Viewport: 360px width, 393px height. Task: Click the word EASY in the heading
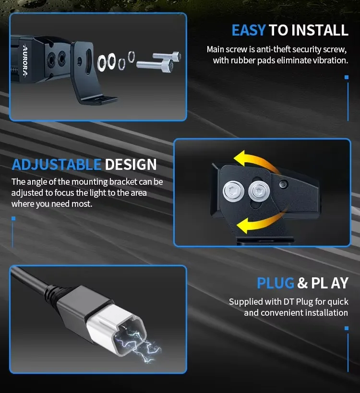(249, 30)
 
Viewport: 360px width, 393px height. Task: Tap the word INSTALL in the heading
(320, 30)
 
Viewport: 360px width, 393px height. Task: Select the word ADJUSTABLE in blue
(57, 165)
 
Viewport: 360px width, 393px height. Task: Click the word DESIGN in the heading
(131, 165)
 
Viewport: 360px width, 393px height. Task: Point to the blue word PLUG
(276, 283)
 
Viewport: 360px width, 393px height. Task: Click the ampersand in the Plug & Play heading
(302, 283)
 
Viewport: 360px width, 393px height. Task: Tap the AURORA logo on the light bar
(25, 60)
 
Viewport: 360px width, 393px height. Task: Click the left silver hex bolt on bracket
(233, 191)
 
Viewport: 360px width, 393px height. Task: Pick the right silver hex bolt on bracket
(259, 191)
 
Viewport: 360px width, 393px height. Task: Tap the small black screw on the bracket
(283, 184)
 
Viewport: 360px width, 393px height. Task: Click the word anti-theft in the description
(273, 49)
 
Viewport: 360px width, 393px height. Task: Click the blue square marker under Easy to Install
(347, 77)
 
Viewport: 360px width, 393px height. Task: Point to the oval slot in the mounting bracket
(88, 61)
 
